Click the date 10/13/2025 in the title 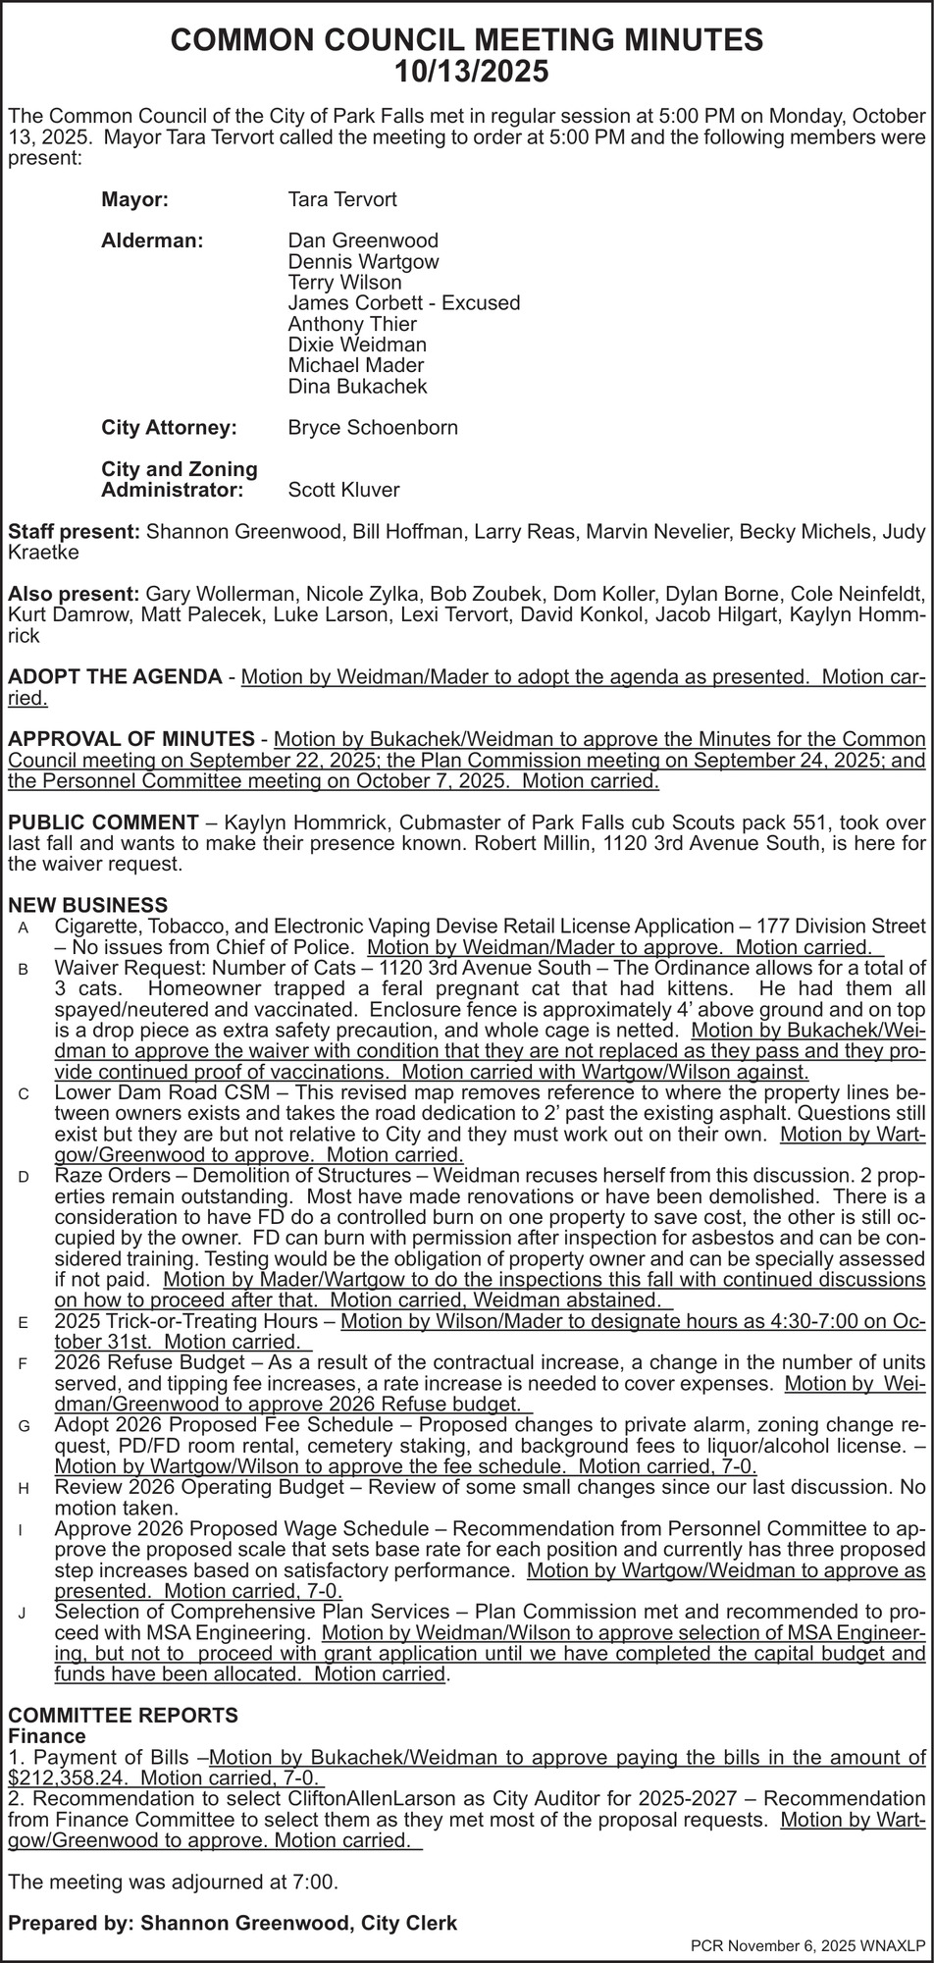coord(467,72)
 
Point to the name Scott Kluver coord(343,490)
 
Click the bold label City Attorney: coord(169,428)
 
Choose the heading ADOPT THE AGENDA coord(115,677)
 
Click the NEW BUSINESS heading coord(87,905)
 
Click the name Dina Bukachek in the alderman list coord(357,387)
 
